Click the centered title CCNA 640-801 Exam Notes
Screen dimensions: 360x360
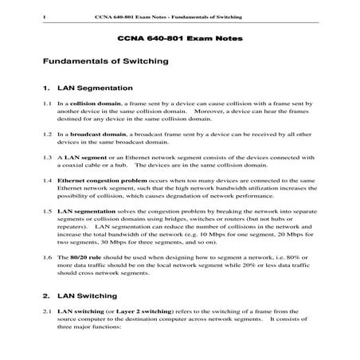pyautogui.click(x=180, y=38)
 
